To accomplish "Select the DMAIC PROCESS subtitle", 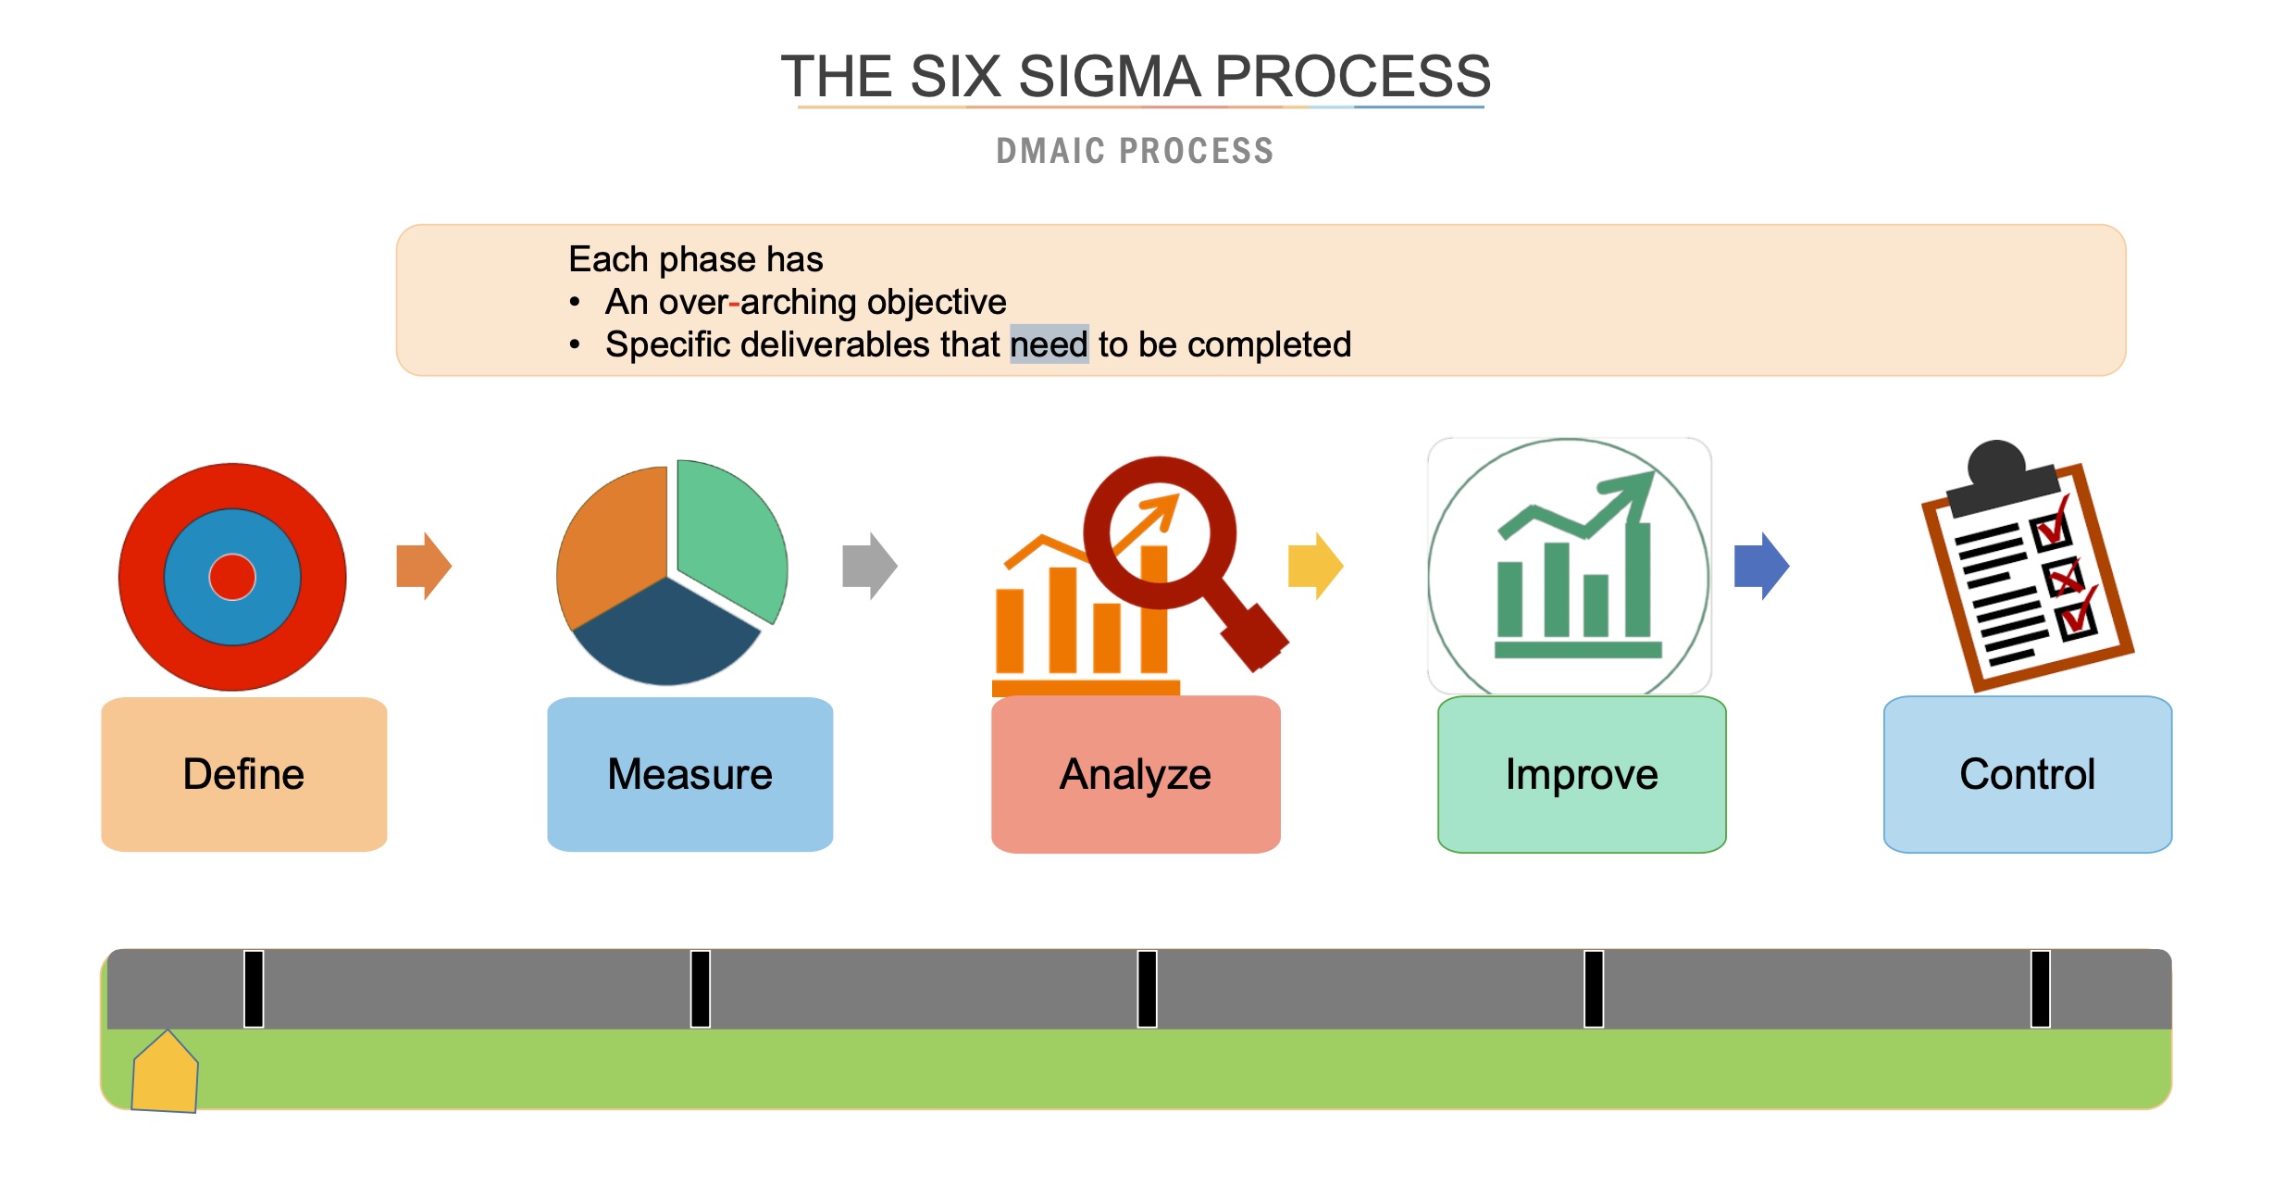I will [x=1135, y=151].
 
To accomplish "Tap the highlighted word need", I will [x=1049, y=344].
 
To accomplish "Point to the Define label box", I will [x=243, y=774].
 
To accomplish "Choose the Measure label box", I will [x=689, y=774].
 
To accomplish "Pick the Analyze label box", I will [x=1136, y=774].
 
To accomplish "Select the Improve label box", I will [x=1582, y=774].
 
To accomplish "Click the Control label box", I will [x=2027, y=774].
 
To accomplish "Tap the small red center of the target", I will [x=232, y=577].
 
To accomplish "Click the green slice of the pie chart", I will [x=731, y=537].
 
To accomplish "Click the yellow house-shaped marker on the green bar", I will [x=165, y=1074].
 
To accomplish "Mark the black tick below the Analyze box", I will [x=1147, y=989].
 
